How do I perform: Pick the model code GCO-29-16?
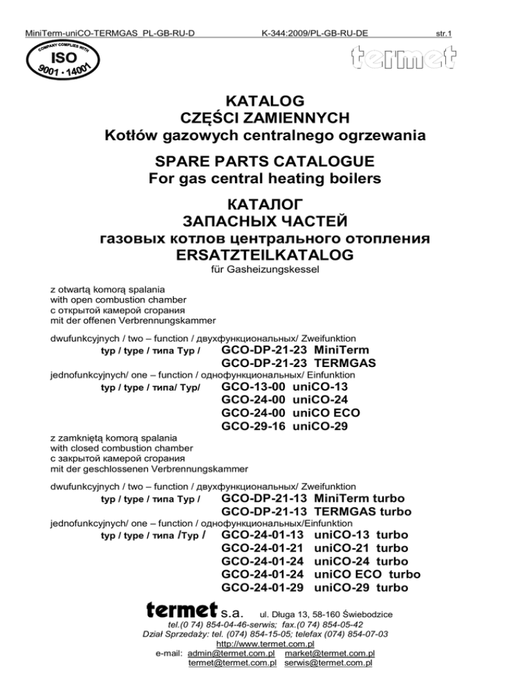tap(254, 426)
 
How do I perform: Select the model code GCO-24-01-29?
tap(263, 587)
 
